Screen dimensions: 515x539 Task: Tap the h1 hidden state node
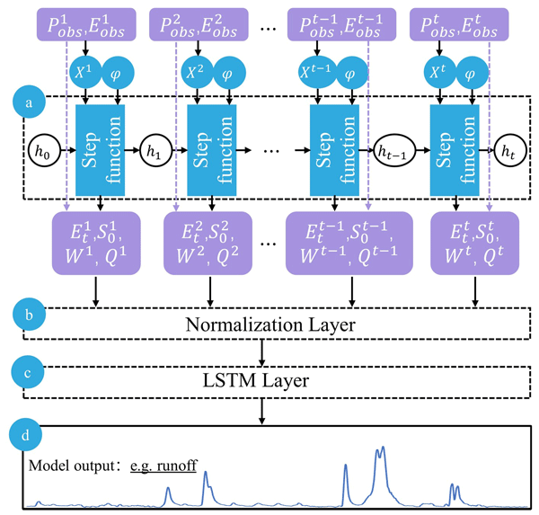(x=155, y=147)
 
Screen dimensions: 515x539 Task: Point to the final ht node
(x=508, y=147)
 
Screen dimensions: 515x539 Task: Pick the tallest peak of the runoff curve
(x=383, y=448)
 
